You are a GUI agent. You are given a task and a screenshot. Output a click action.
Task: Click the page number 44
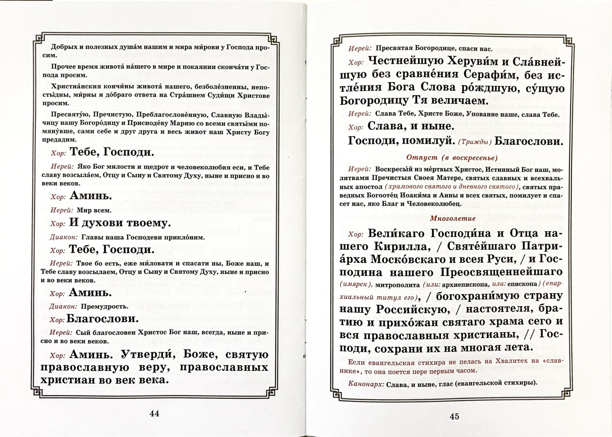click(x=154, y=413)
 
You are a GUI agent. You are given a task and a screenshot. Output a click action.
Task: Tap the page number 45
click(x=454, y=416)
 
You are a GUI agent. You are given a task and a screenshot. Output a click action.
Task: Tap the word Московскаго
click(x=409, y=259)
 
